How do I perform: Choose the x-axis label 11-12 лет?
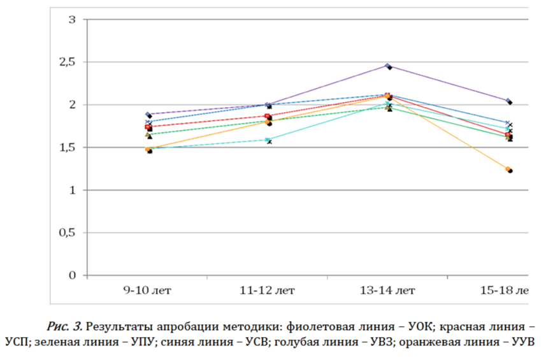tap(268, 291)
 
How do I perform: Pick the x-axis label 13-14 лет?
tap(388, 291)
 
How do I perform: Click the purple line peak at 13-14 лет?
tap(388, 66)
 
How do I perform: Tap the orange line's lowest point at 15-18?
tap(509, 169)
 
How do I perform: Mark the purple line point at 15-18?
tap(508, 101)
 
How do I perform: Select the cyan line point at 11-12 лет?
tap(268, 140)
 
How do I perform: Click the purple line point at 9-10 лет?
tap(148, 115)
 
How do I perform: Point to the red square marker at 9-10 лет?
tap(148, 127)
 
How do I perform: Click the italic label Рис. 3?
tap(67, 328)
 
